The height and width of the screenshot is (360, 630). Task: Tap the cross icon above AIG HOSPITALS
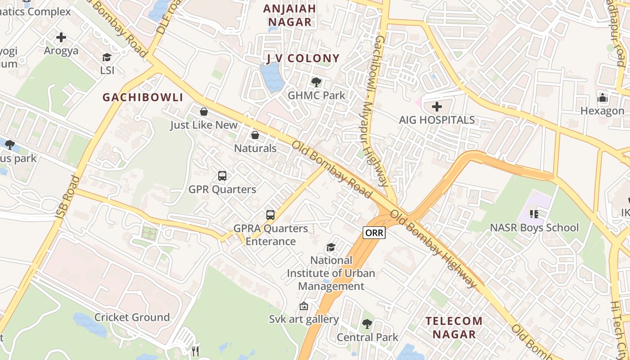pos(437,107)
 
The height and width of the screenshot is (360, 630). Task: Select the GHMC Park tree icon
pos(316,82)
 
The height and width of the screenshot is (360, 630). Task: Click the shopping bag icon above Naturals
pos(255,135)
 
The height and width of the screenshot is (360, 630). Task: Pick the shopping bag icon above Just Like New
pos(204,112)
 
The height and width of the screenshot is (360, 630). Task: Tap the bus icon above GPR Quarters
pos(222,176)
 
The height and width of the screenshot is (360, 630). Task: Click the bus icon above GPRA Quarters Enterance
pos(270,215)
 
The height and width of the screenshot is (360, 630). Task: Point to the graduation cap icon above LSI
pos(107,57)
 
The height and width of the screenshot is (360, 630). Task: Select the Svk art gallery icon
pos(304,306)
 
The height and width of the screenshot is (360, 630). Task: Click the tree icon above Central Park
pos(367,324)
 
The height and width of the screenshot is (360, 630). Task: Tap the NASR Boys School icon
pos(534,214)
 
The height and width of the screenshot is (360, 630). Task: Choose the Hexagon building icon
pos(603,98)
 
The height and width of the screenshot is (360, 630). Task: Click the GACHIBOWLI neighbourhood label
pos(143,97)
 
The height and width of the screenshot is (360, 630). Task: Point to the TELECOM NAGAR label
pos(454,328)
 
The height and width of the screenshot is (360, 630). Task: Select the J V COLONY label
pos(303,58)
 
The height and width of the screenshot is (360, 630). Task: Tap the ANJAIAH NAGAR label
pos(290,15)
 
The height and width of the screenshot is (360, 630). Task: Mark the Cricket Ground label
pos(132,317)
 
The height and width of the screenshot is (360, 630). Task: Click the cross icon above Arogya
pos(61,37)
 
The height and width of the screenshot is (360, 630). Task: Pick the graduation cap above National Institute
pos(331,247)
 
